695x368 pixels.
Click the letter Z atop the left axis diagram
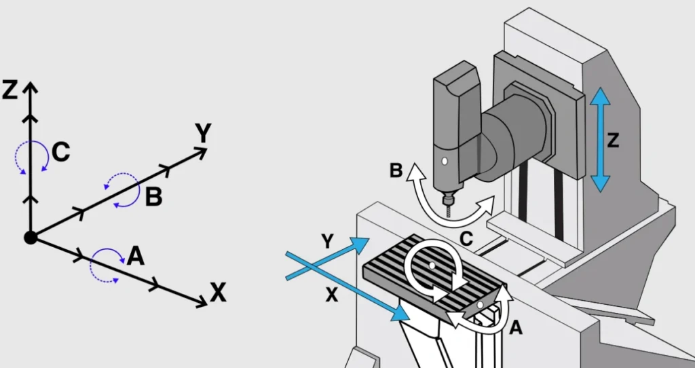(10, 90)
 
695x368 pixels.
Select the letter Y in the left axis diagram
(203, 134)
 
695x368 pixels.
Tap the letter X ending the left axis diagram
(217, 293)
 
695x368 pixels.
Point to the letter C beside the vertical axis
(60, 152)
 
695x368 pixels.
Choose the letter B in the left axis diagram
(153, 197)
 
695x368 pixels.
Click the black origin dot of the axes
(30, 237)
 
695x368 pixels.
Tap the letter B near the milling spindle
(397, 170)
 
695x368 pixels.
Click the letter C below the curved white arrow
(466, 238)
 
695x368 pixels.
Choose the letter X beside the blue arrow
(331, 295)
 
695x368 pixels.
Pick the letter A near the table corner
(515, 329)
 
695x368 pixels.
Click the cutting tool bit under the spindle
(447, 206)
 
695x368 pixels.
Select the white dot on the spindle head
(444, 162)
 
